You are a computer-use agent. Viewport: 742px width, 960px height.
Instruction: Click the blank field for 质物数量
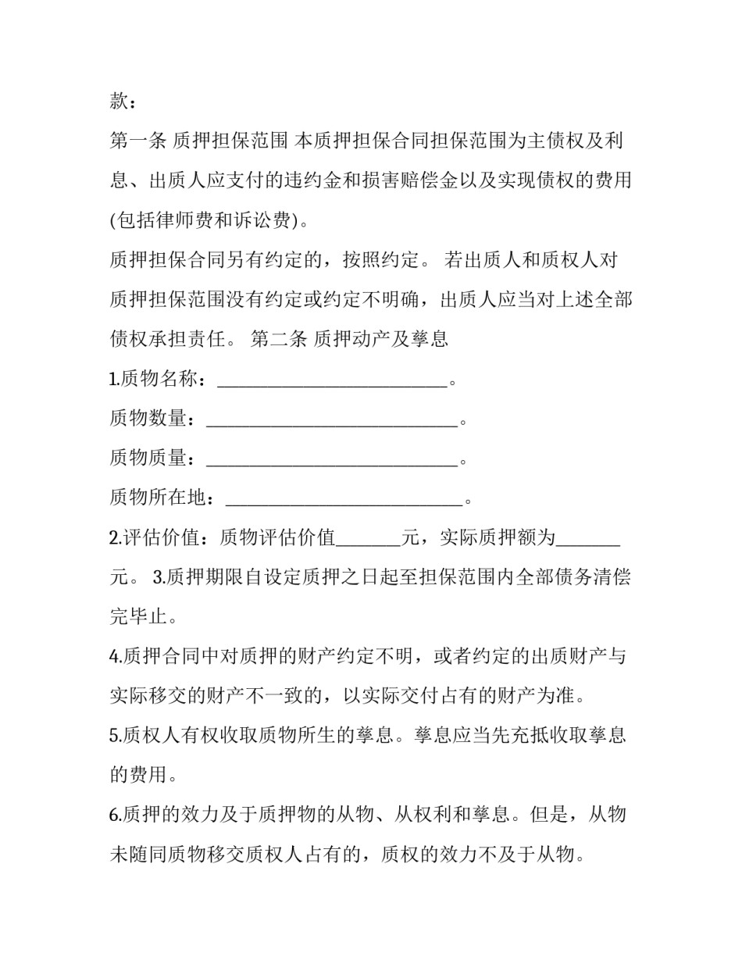click(x=331, y=419)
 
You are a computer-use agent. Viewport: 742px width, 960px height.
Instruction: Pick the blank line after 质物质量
click(x=331, y=459)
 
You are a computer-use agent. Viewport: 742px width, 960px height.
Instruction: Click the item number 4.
click(x=115, y=656)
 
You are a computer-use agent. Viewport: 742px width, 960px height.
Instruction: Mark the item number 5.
click(x=115, y=735)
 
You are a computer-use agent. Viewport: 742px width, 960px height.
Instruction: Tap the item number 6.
click(x=115, y=815)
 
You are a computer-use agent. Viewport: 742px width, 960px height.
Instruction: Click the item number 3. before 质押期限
click(x=159, y=577)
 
